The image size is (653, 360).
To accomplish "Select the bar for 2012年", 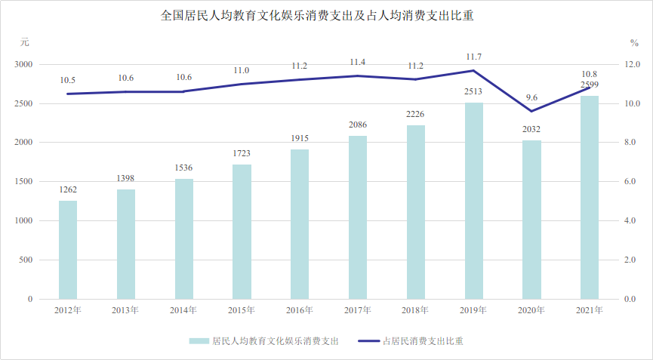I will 68,249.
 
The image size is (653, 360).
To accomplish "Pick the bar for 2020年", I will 531,220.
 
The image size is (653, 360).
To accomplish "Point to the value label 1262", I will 68,190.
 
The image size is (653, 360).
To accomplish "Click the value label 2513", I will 473,92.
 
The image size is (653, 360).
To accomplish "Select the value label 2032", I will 531,130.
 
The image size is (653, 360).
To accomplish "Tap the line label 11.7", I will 473,57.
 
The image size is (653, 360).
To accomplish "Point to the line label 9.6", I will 531,97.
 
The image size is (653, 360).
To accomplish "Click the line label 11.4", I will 358,62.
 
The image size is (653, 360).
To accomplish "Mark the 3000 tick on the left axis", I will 26,65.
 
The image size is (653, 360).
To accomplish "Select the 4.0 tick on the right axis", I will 630,221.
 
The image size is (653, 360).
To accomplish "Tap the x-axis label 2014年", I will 183,310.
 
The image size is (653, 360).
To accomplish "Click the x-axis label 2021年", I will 590,310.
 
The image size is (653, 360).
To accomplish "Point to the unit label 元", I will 25,42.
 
